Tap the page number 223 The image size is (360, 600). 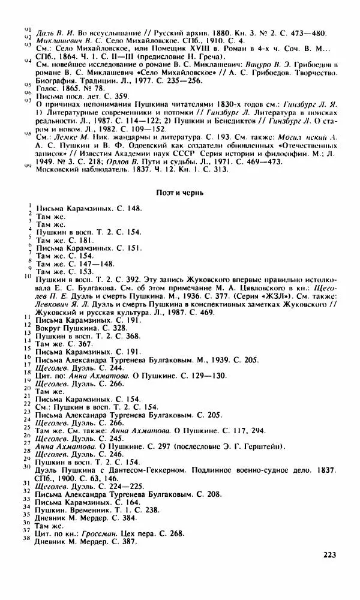click(329, 554)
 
